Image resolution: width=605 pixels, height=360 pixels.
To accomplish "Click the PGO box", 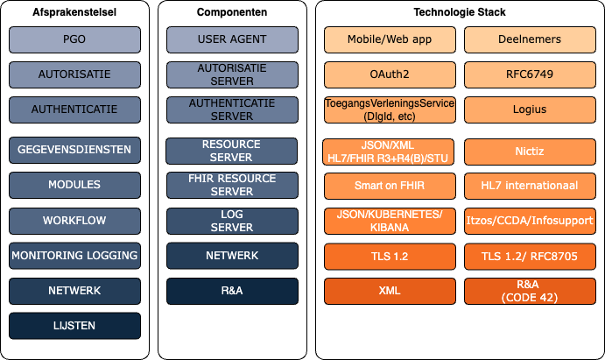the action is click(74, 39).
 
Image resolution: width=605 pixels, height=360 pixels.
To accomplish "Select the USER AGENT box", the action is click(232, 39).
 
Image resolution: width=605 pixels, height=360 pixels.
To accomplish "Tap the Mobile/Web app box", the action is click(390, 39).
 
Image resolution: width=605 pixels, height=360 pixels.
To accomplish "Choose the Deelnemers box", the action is click(530, 39).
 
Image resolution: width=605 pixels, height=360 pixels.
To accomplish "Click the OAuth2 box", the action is click(390, 74).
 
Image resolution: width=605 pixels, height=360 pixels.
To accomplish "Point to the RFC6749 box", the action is click(530, 74).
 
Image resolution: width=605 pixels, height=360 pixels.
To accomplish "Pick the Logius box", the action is click(530, 109).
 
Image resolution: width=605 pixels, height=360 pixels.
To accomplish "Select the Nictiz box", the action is click(530, 152).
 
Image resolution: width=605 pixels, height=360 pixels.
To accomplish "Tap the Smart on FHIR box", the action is click(390, 186).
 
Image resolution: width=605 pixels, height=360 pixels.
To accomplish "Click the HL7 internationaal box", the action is click(530, 186).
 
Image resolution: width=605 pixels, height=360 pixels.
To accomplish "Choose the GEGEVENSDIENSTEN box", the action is click(74, 150).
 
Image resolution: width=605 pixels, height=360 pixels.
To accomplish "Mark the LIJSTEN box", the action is click(74, 326).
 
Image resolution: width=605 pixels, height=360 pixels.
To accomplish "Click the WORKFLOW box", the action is click(74, 221).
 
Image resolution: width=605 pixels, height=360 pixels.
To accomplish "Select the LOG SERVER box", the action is click(232, 221).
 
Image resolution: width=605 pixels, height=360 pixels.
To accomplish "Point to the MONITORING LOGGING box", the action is click(74, 256).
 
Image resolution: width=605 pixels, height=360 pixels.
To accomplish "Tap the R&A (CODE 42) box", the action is click(530, 291).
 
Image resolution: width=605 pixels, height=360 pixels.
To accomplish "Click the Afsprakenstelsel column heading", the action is click(74, 12).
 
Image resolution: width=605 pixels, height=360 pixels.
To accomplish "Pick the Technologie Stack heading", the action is click(460, 12).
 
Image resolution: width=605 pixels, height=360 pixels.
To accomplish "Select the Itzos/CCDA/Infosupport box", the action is click(530, 221).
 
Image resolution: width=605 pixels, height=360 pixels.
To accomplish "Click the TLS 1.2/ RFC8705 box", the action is click(530, 257).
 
